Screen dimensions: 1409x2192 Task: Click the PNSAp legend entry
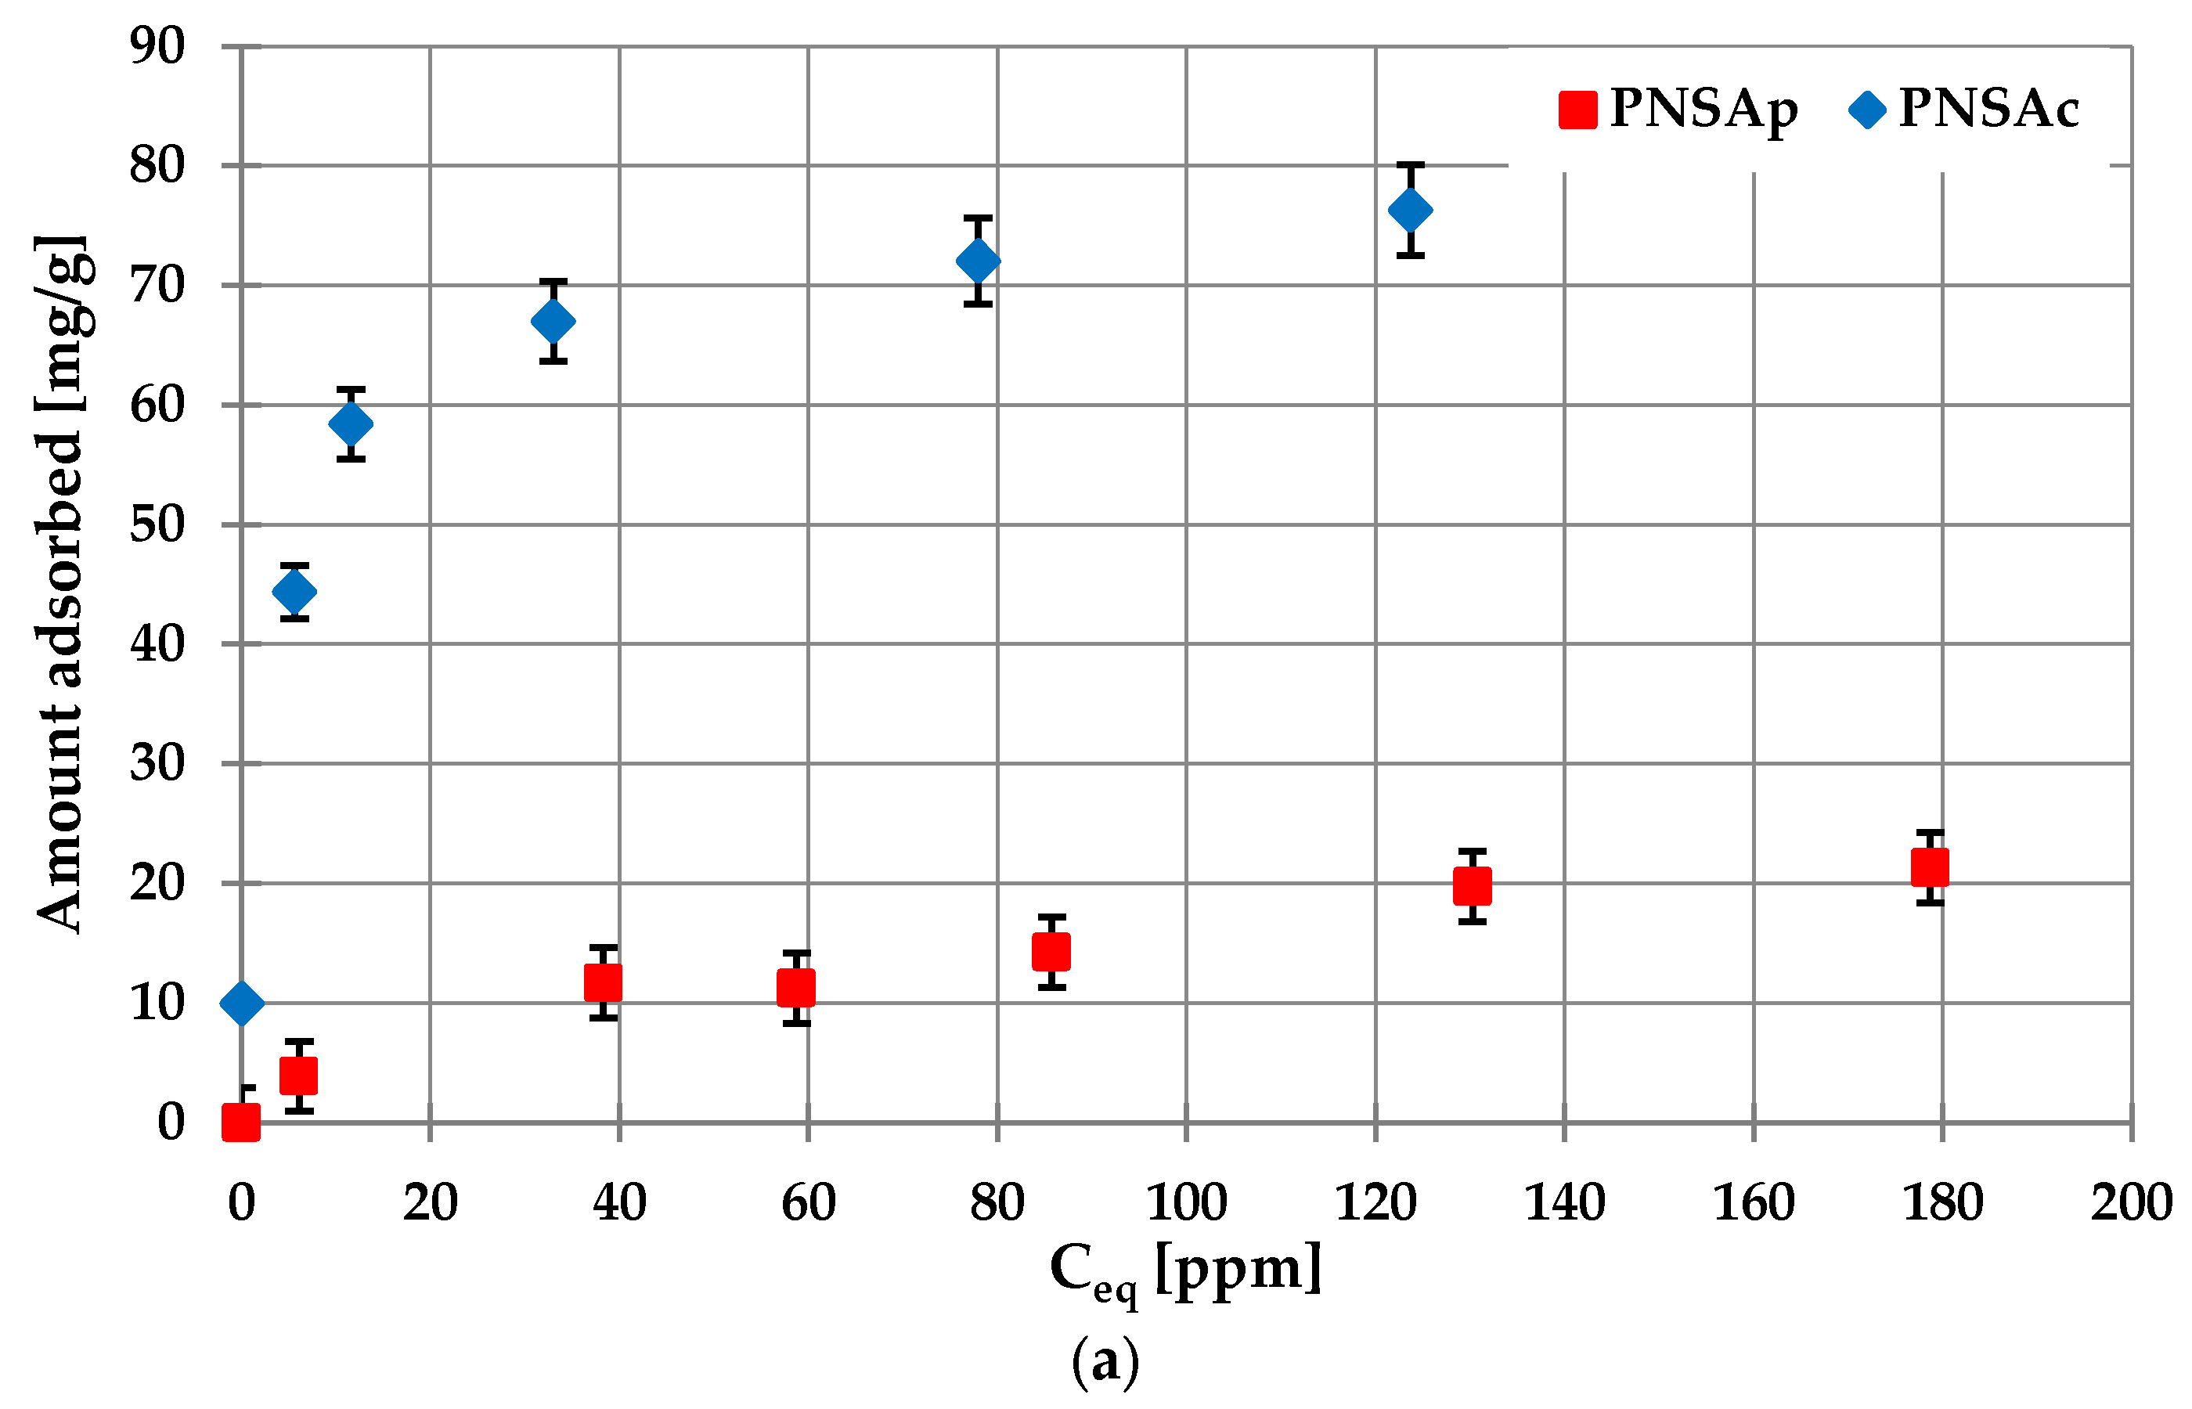tap(1678, 110)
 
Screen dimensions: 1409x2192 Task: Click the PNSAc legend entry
tap(1965, 110)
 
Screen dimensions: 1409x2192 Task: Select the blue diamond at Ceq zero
tap(242, 1003)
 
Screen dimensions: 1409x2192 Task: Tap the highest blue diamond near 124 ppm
tap(1410, 211)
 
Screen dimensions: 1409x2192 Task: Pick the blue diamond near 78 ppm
tap(978, 261)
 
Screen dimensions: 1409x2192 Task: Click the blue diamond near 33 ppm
tap(553, 321)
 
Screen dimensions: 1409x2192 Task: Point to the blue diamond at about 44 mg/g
tap(294, 592)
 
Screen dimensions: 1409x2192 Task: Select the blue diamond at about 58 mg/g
tap(351, 423)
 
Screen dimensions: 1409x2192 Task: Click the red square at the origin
tap(242, 1121)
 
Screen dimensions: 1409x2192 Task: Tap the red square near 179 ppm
tap(1930, 867)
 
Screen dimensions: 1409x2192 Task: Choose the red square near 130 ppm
tap(1472, 885)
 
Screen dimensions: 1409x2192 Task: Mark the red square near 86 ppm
tap(1051, 952)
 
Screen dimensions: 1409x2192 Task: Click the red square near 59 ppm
tap(796, 988)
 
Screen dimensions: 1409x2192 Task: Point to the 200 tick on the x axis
tap(2130, 1203)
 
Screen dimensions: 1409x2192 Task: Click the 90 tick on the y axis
tap(157, 45)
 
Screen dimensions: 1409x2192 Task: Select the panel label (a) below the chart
tap(1105, 1362)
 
